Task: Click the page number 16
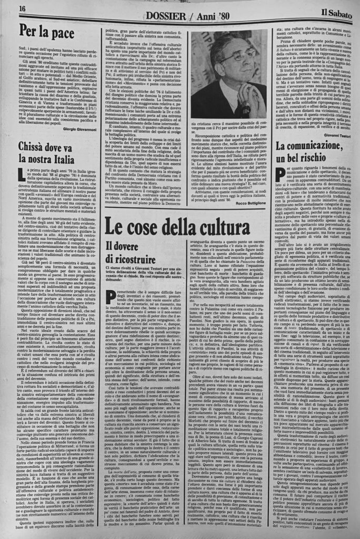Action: click(23, 9)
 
